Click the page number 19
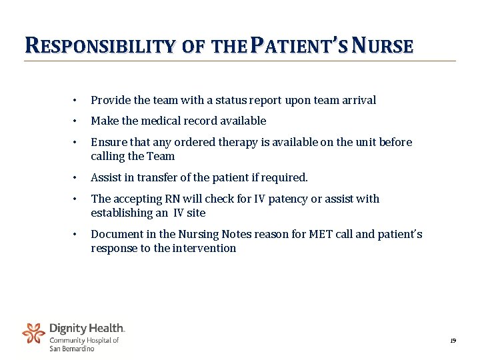click(x=453, y=341)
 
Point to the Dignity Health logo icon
click(x=34, y=333)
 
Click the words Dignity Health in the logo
click(x=87, y=328)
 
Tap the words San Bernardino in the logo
click(x=72, y=348)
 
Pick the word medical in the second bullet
click(x=163, y=121)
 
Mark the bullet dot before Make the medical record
click(x=75, y=121)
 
